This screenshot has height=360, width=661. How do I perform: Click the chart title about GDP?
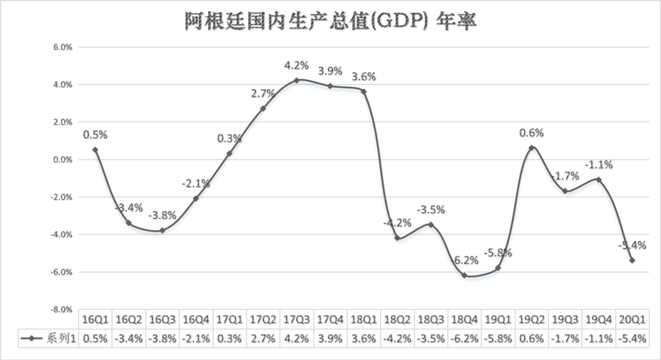330,21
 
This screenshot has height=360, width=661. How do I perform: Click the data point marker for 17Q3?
296,80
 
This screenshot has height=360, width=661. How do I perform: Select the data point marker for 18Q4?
465,276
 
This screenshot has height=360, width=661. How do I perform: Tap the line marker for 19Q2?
532,148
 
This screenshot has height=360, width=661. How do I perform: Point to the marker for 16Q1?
95,150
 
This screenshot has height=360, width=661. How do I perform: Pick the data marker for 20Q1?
632,260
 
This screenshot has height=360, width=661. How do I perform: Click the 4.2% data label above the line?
296,65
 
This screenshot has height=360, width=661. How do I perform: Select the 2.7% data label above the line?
263,93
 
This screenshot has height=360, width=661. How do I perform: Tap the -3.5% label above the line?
431,209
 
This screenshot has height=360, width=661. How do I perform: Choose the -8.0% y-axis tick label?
62,310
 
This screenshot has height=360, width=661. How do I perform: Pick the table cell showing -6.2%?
465,337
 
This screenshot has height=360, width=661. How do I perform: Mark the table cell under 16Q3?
162,337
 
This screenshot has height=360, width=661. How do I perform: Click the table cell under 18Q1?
364,337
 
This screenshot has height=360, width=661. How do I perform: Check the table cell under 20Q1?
632,337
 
